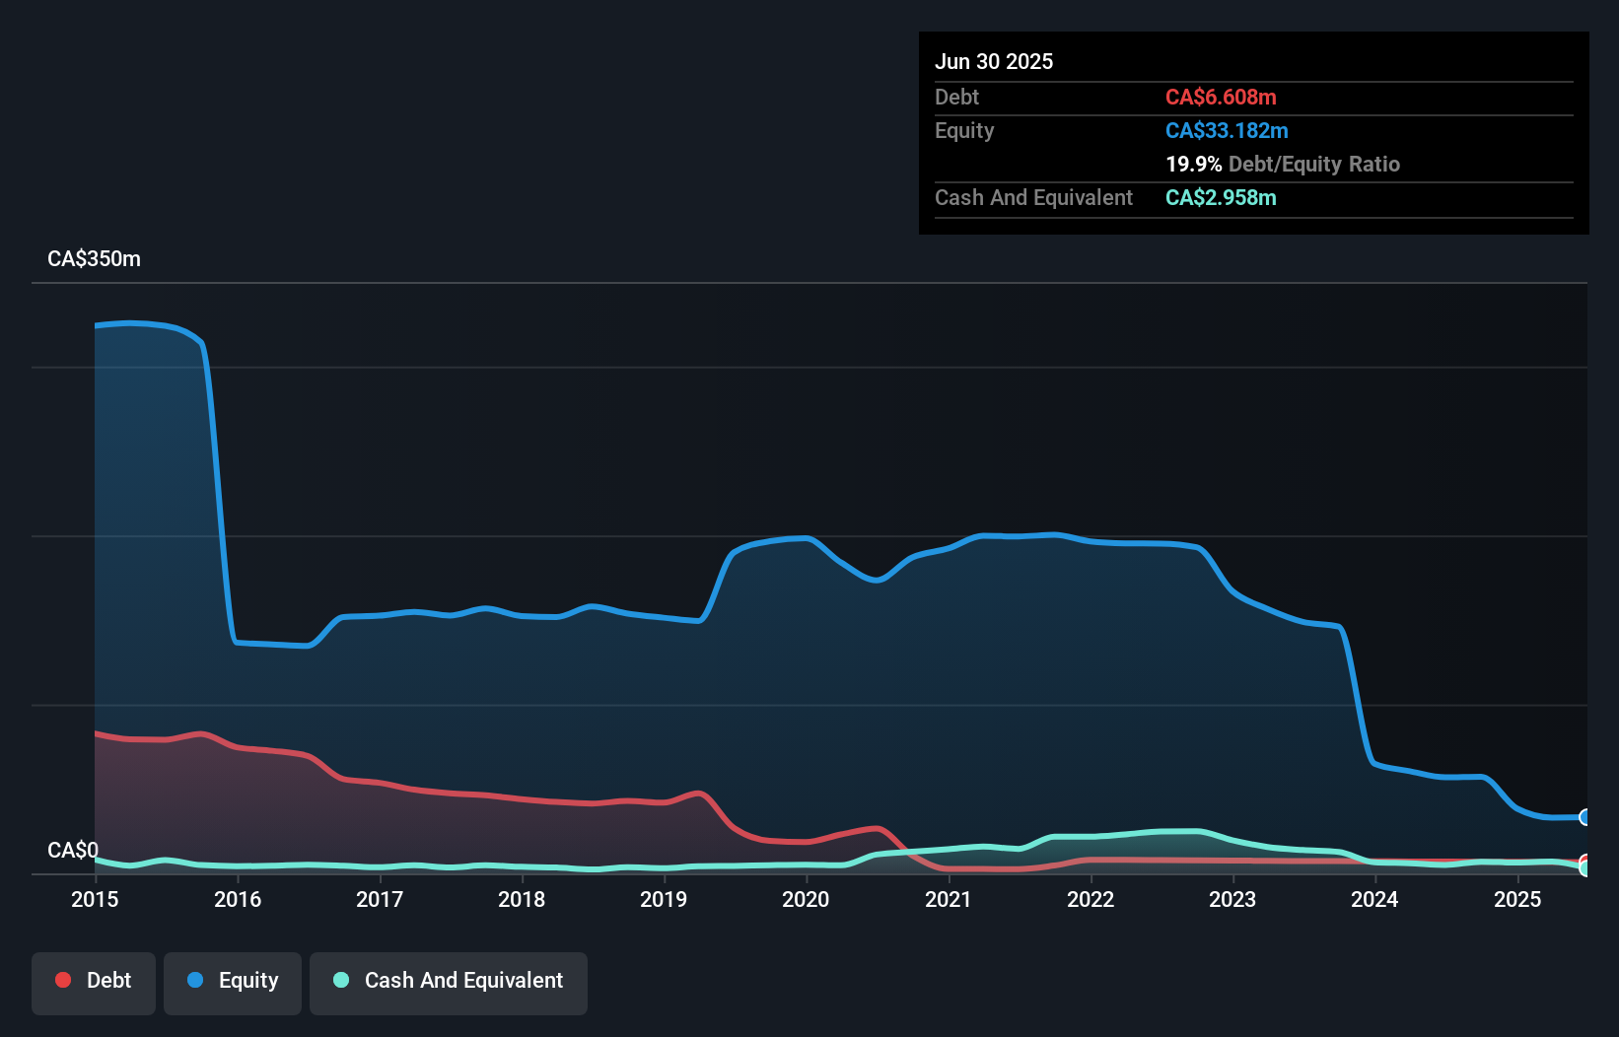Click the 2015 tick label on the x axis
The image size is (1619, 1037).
[95, 899]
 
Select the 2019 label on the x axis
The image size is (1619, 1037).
[664, 899]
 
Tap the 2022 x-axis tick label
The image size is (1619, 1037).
[1091, 899]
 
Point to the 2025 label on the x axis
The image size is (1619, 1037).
[1517, 899]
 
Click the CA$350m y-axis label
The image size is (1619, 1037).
[94, 259]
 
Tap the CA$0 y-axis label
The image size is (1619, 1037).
[73, 850]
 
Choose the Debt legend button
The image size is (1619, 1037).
[94, 981]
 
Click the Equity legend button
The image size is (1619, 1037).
[233, 981]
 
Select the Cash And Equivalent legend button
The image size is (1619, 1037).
[449, 981]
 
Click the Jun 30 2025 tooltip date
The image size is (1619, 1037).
[994, 62]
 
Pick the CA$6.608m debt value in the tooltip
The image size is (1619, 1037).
[1221, 98]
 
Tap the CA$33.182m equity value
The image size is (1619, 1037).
[1227, 131]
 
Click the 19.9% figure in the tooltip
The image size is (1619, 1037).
[1193, 165]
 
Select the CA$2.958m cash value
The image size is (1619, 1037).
[1221, 198]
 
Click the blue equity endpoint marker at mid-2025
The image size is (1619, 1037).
[1585, 817]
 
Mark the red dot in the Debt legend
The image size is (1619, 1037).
[63, 980]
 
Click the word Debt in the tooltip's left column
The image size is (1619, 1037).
[956, 98]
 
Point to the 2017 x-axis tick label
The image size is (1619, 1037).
[380, 899]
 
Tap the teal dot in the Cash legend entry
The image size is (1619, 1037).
[341, 980]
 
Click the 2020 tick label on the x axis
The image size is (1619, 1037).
[806, 899]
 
